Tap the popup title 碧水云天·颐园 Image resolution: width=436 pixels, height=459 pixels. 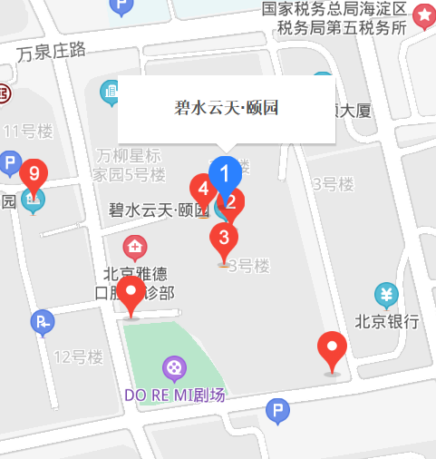point(226,108)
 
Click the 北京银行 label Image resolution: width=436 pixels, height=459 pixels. point(387,320)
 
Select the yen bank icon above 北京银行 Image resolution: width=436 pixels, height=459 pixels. point(387,296)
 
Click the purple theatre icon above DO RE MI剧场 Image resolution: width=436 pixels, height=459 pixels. point(173,368)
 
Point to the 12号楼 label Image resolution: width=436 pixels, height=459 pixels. point(78,356)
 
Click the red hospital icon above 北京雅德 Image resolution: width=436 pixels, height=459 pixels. point(136,247)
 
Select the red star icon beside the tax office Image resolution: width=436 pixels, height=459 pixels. point(423,15)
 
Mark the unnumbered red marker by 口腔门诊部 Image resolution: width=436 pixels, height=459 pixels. point(133,295)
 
